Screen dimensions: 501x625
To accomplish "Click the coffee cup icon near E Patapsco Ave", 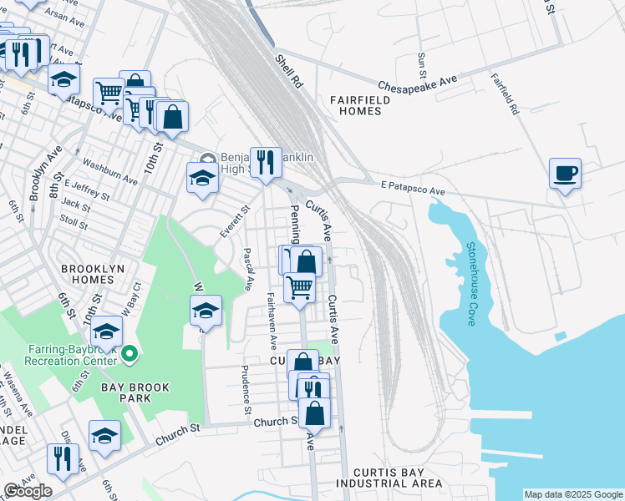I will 566,174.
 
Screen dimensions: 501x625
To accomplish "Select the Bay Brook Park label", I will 135,392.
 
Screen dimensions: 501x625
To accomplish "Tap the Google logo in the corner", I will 28,491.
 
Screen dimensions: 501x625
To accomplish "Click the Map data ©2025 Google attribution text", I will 572,494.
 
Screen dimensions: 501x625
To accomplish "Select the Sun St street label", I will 422,63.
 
